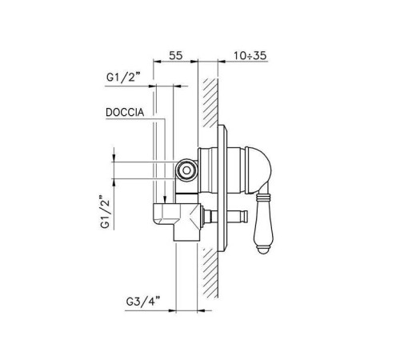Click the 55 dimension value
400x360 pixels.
(176, 55)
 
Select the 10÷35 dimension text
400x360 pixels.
(250, 55)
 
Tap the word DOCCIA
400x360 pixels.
(125, 112)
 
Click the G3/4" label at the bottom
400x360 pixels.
(143, 302)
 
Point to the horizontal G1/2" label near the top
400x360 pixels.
(123, 78)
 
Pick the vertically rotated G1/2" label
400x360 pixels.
(105, 212)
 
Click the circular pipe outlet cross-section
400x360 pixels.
(186, 170)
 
